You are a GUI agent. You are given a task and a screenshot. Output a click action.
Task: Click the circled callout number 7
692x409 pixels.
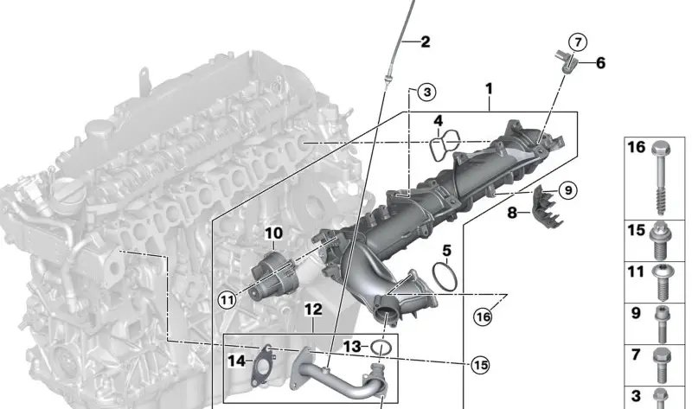(578, 42)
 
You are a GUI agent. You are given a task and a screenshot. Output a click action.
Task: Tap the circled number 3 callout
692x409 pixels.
(426, 93)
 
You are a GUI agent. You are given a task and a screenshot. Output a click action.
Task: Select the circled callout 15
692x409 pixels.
(480, 365)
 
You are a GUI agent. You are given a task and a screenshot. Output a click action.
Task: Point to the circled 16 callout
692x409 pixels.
(484, 316)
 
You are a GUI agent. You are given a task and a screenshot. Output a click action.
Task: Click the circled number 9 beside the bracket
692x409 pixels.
(568, 190)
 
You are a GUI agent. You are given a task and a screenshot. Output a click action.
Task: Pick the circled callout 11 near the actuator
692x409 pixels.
(227, 300)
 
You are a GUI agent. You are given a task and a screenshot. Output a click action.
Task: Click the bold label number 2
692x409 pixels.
(425, 42)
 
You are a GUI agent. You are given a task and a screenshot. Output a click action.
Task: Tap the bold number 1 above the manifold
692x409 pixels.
(489, 89)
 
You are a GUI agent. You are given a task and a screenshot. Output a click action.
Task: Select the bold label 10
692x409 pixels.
(273, 233)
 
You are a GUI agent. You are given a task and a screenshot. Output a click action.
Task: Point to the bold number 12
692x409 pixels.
(313, 310)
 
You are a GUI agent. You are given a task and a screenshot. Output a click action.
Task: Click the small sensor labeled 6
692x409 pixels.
(567, 63)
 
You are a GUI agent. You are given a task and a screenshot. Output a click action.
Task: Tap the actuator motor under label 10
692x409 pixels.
(274, 275)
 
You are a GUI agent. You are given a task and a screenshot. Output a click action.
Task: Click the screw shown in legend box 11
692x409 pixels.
(661, 282)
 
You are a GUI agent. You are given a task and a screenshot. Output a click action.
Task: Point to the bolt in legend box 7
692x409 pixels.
(661, 365)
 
